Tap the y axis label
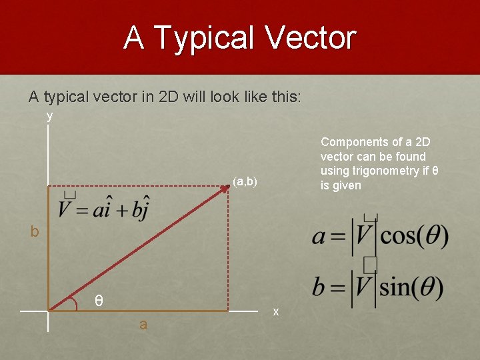tap(49, 116)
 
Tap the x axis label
tap(276, 311)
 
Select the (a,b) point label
tap(245, 181)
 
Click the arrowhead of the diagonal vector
tap(225, 189)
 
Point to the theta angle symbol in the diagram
tap(98, 301)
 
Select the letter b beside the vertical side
tap(34, 232)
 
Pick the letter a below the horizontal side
tap(143, 325)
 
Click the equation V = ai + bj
tap(103, 208)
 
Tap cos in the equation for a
tap(397, 236)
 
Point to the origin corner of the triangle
tap(49, 310)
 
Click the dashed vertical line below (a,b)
tap(228, 253)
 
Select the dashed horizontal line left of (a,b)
tap(133, 187)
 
